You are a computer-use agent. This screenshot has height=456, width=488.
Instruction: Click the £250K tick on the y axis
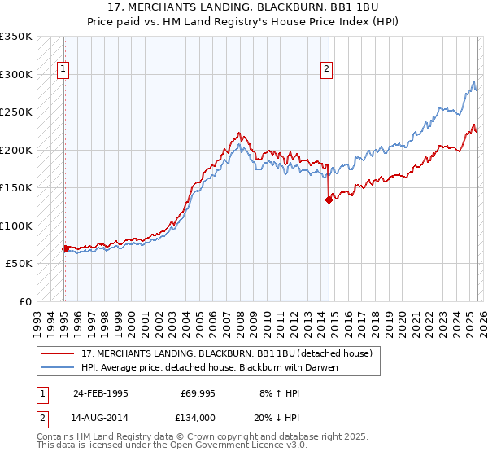16,112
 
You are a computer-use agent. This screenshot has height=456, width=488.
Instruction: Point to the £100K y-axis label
16,226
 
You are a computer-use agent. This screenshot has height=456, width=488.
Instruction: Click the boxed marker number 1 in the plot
63,70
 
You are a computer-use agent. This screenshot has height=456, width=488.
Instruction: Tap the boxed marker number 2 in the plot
326,70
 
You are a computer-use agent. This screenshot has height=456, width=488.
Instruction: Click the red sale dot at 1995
65,248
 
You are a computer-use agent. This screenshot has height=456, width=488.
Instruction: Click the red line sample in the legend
58,353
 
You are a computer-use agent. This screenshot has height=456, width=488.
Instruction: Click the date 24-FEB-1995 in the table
100,392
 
